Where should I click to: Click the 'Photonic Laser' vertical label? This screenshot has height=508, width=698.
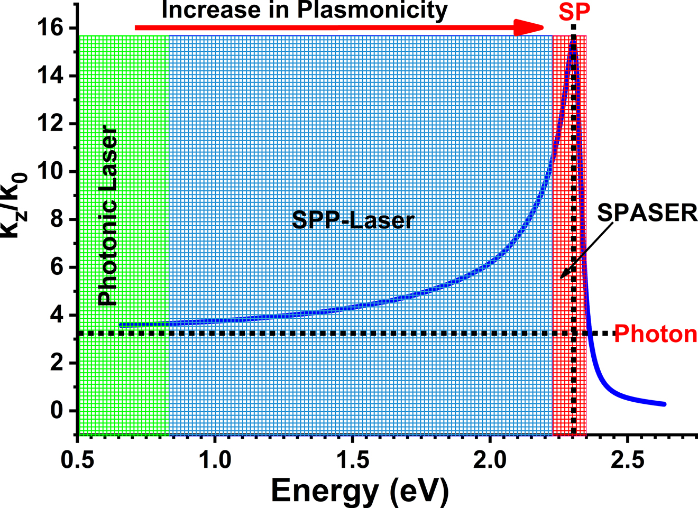(108, 216)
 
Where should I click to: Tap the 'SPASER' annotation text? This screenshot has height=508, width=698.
(647, 213)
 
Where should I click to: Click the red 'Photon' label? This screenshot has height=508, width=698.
(656, 334)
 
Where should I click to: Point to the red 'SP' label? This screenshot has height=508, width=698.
(574, 12)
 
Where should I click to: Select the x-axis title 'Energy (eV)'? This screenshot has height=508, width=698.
(360, 490)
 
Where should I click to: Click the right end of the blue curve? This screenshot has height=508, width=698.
(664, 404)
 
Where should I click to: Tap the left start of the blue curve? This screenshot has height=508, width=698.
(121, 325)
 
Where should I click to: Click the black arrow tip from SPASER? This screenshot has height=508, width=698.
(562, 277)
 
